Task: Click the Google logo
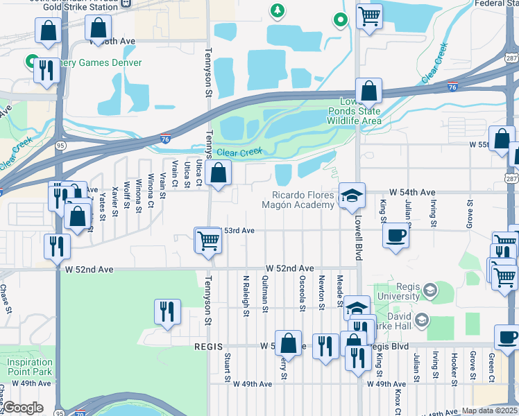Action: tap(23, 408)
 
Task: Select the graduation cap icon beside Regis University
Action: tap(429, 290)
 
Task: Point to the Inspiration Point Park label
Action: tap(30, 367)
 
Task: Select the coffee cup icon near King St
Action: tap(395, 236)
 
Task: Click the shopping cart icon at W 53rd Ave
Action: tap(208, 241)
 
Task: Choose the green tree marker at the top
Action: tap(278, 10)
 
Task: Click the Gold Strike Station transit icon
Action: tap(126, 3)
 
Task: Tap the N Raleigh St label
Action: tap(246, 294)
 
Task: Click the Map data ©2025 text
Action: tap(489, 410)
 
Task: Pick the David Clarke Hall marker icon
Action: tap(421, 320)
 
